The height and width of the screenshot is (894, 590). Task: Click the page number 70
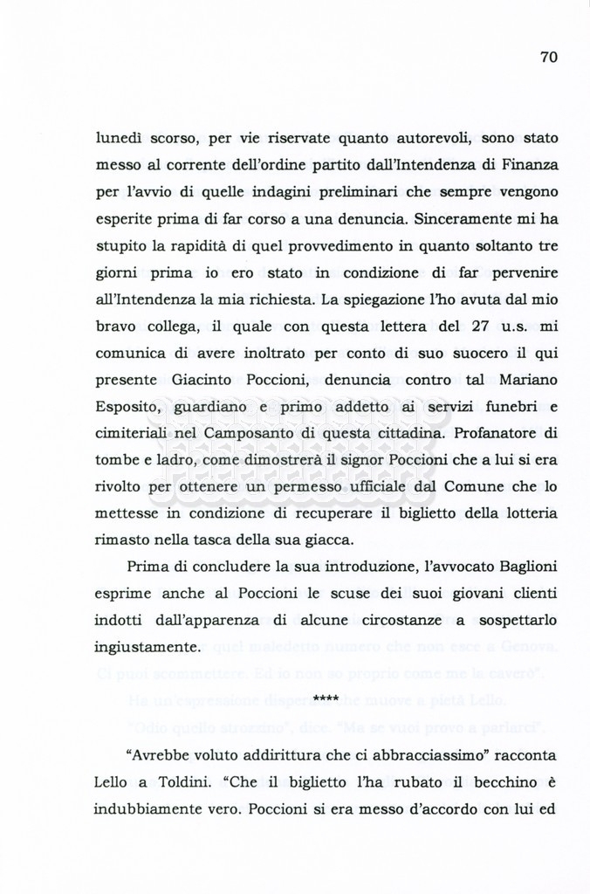click(x=548, y=58)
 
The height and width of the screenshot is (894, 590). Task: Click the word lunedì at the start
click(x=120, y=138)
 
